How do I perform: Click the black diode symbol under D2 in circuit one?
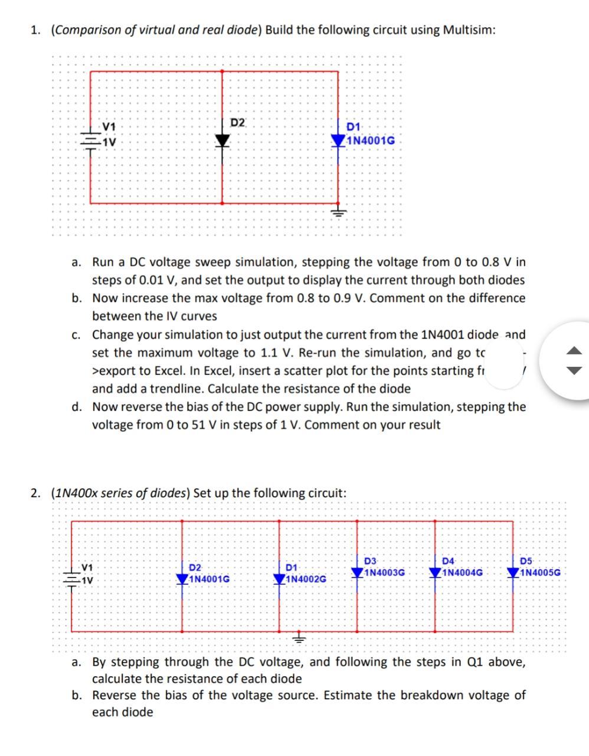(x=222, y=141)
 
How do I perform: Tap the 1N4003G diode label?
(x=384, y=572)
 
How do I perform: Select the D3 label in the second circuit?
(x=371, y=561)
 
